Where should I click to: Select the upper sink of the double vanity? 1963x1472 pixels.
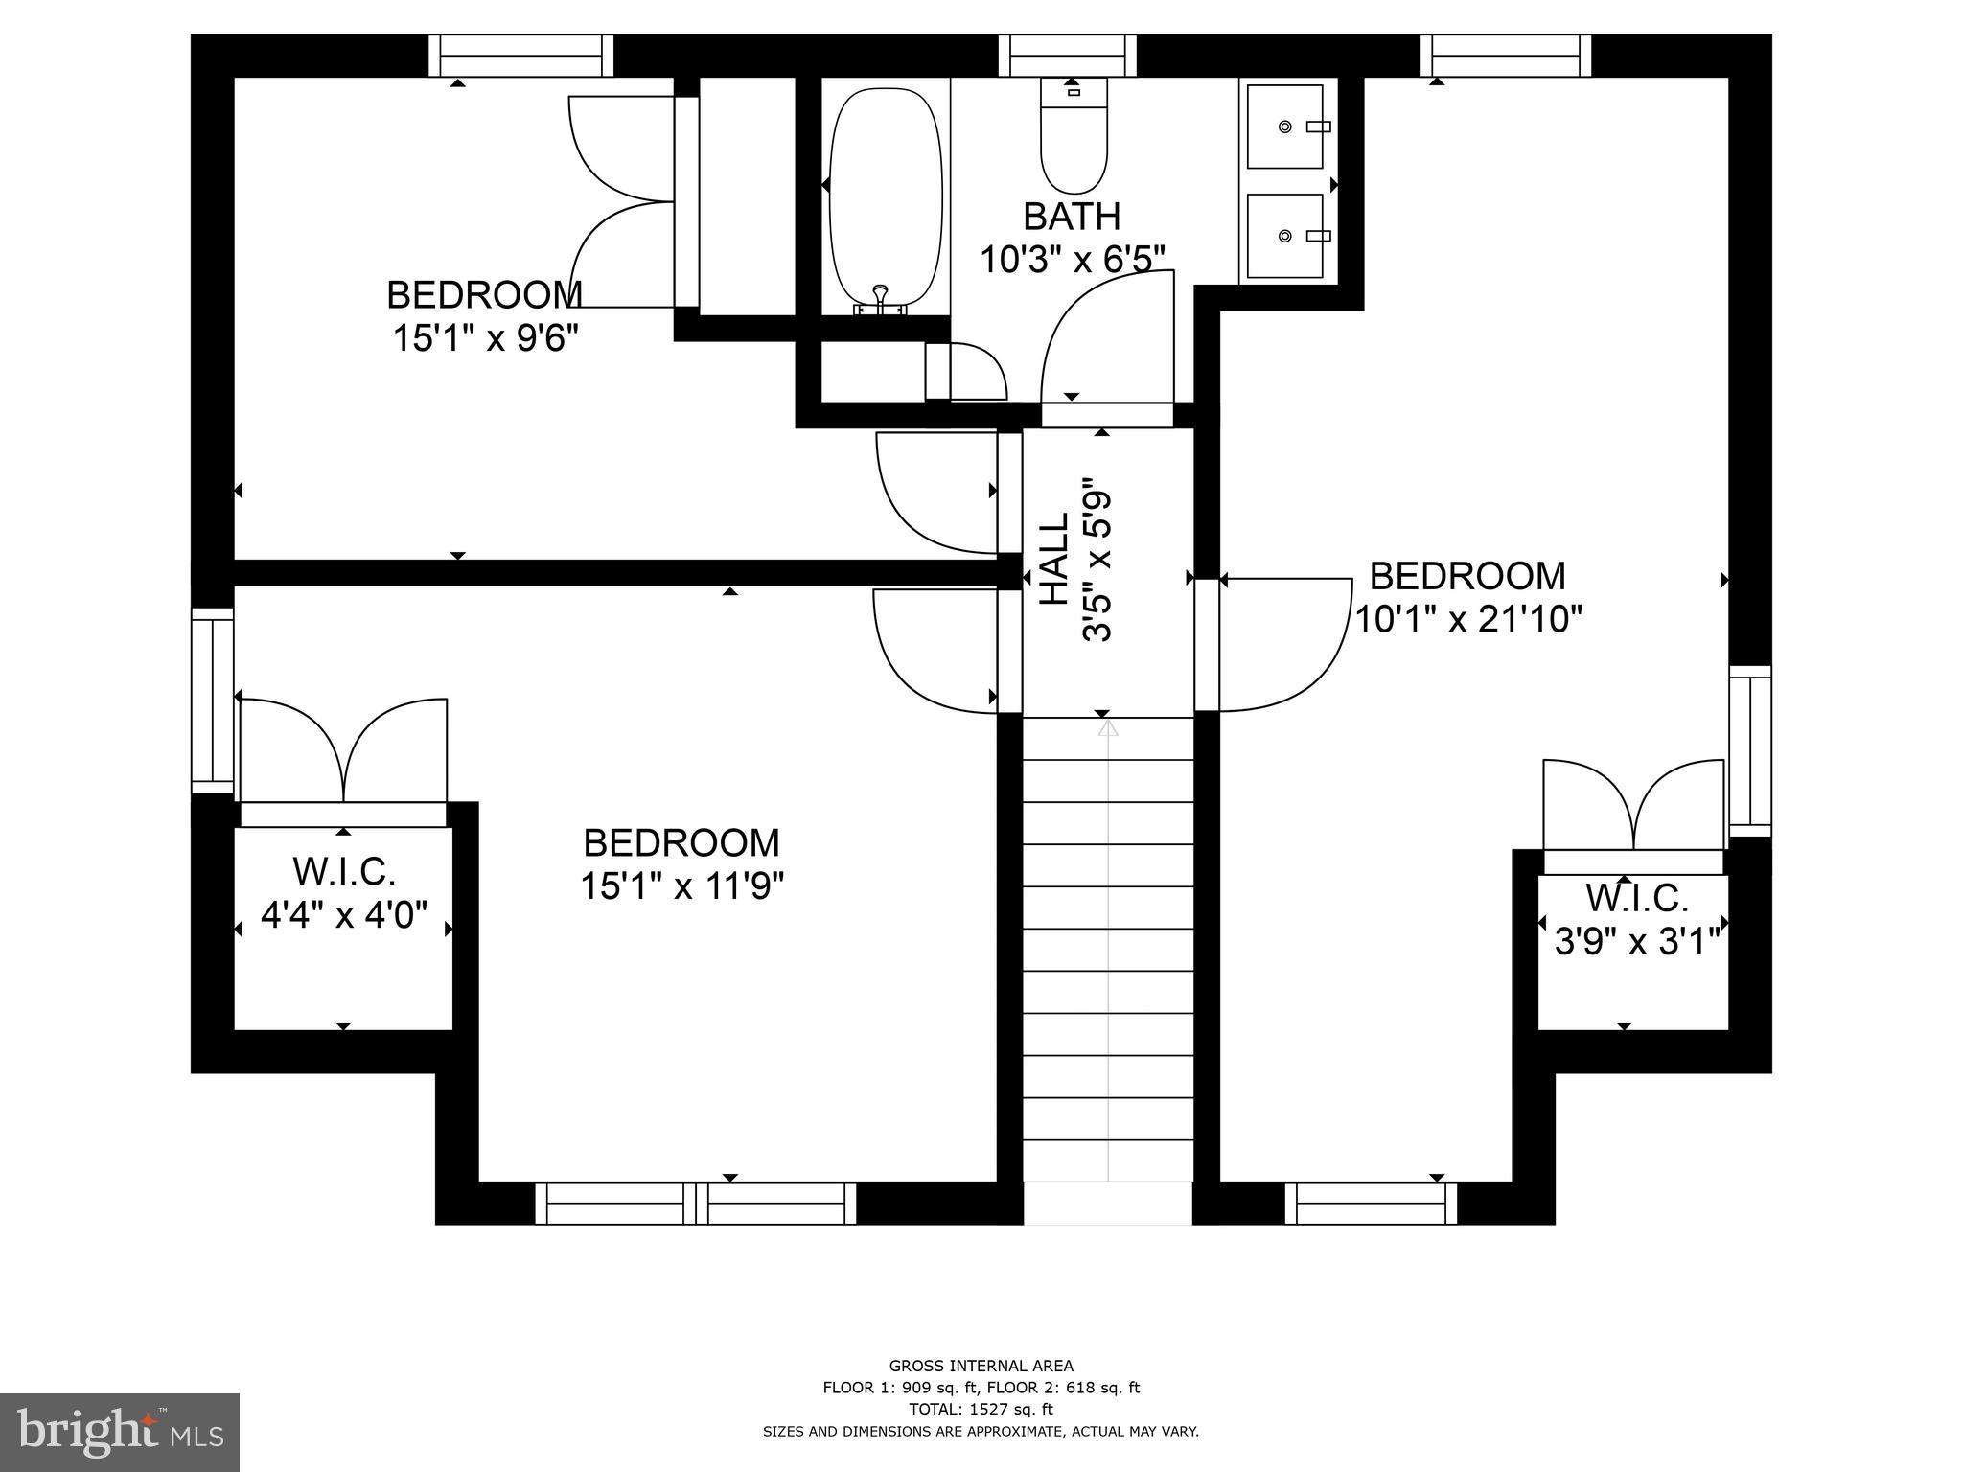[1284, 126]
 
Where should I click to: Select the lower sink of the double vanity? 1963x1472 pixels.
[1284, 235]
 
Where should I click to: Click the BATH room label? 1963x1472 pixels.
[1072, 217]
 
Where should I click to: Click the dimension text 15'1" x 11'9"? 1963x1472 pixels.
[681, 886]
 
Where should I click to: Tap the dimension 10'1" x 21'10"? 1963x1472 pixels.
[1466, 619]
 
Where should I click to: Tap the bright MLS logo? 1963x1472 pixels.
[119, 1433]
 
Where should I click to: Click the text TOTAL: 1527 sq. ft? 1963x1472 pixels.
[981, 1409]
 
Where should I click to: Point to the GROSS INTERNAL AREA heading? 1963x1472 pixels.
[981, 1366]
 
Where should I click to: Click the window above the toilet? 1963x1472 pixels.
[1068, 56]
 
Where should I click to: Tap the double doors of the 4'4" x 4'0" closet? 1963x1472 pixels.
[343, 752]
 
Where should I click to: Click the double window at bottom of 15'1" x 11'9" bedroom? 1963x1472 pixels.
[695, 1203]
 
